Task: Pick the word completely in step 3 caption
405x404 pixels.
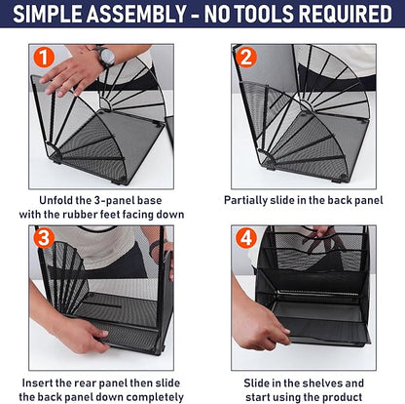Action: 147,397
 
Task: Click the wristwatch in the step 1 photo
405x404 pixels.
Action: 105,56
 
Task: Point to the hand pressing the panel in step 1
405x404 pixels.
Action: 73,72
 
